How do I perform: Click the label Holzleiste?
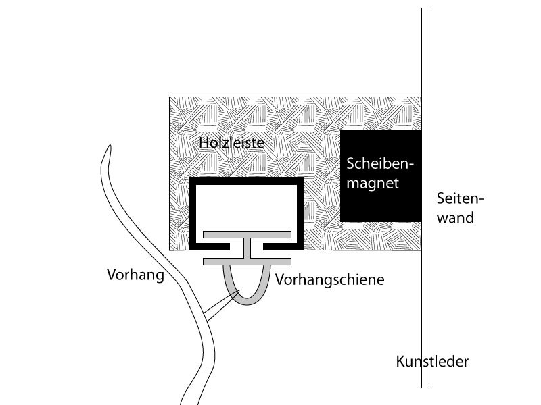coord(231,142)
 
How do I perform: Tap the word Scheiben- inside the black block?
coord(380,163)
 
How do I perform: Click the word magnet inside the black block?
coord(373,183)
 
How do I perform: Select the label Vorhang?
coord(136,275)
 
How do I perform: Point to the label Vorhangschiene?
coord(329,279)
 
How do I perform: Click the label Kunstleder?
coord(432,361)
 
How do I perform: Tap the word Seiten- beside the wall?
coord(461,198)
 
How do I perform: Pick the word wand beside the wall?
coord(455,218)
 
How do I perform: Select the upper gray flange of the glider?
coord(247,234)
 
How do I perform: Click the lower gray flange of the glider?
coord(247,261)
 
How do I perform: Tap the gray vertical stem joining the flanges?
coord(247,248)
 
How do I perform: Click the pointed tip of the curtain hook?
coord(239,292)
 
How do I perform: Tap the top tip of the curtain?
coord(110,146)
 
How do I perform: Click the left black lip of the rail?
coord(210,246)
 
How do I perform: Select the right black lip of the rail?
coord(283,246)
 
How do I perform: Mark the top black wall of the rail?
coord(246,181)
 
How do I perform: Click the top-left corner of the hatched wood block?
coord(170,97)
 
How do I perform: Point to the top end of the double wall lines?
coord(426,9)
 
